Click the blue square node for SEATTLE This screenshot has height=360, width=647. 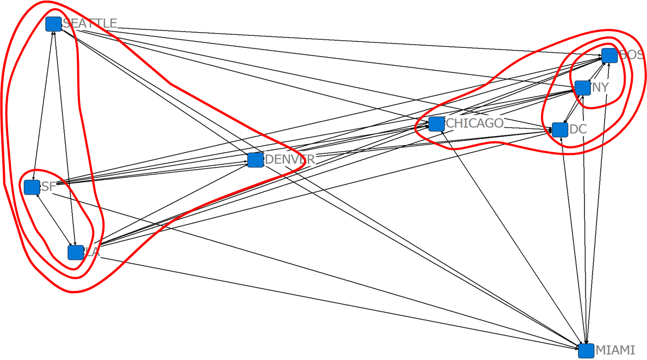click(53, 24)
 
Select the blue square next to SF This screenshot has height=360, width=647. click(32, 187)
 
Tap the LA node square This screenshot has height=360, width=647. click(76, 252)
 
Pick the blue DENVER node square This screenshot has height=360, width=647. click(256, 160)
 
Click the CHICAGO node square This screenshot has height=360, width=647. click(436, 124)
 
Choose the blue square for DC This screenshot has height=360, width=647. click(560, 130)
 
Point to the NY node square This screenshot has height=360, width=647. click(583, 88)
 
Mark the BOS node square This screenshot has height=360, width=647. click(609, 55)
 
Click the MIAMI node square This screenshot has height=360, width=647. click(586, 351)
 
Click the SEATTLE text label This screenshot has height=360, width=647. click(90, 23)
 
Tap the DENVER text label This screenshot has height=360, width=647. click(290, 159)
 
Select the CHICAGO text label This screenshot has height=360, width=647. click(475, 123)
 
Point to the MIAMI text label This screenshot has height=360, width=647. click(615, 350)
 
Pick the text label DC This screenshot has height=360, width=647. click(578, 129)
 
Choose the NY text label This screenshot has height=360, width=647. click(601, 87)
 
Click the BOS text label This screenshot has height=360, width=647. click(631, 55)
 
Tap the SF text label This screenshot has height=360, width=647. click(48, 187)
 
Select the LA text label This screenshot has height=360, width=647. click(92, 252)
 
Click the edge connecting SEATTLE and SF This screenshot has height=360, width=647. click(43, 103)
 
